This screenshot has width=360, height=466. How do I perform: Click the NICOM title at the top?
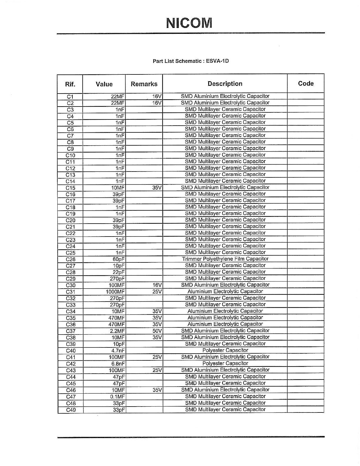189,23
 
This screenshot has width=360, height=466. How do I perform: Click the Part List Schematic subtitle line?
191,61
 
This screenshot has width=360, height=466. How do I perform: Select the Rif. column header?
70,84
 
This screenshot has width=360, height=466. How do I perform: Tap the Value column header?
104,84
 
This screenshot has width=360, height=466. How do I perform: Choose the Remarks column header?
144,84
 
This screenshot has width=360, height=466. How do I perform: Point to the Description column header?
225,84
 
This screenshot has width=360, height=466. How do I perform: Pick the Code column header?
306,84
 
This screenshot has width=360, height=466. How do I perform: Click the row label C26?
71,259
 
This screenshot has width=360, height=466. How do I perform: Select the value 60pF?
119,259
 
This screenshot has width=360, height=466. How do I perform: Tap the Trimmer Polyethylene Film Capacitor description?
225,259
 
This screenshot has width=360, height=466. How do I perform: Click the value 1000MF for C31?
116,292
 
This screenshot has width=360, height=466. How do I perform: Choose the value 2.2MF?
117,331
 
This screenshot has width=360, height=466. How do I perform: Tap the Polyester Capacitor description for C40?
225,350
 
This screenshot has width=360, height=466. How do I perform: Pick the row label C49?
71,410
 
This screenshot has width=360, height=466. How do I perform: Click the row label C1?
70,97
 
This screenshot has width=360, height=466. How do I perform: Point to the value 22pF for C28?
119,272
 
